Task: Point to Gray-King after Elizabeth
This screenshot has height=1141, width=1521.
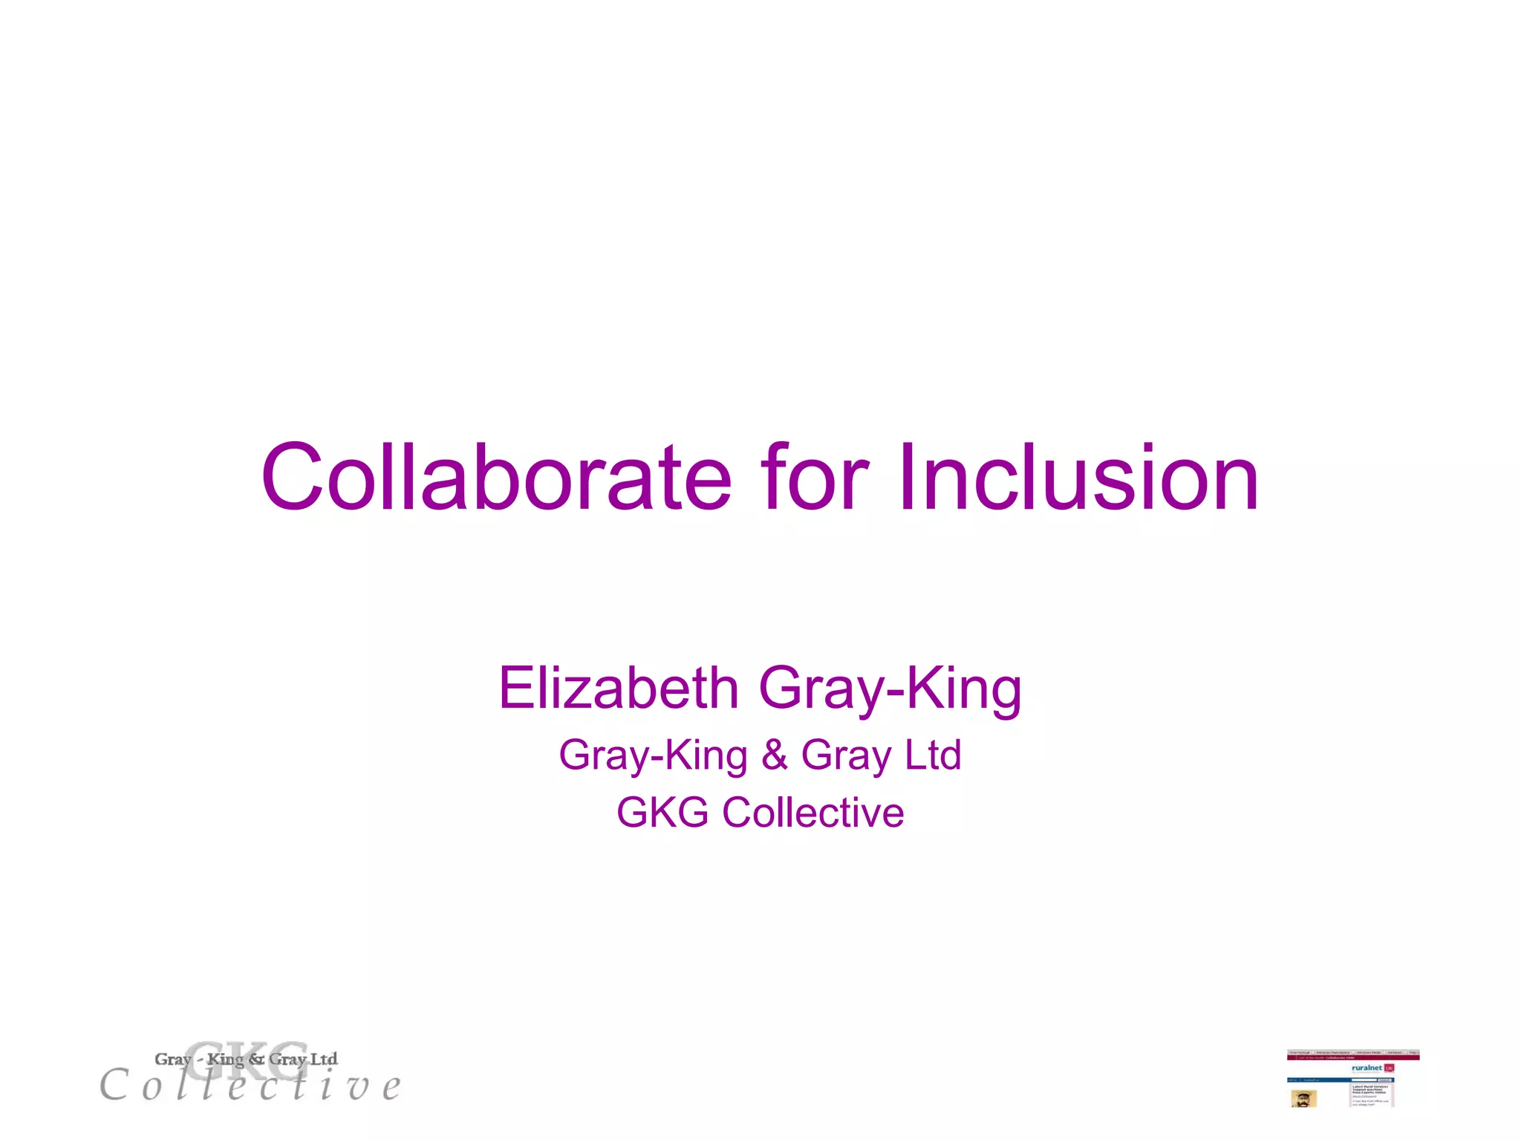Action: tap(890, 689)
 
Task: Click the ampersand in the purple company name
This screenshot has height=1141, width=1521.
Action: tap(774, 755)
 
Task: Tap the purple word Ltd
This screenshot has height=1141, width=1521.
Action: tap(933, 755)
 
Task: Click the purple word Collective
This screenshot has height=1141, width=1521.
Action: tap(812, 812)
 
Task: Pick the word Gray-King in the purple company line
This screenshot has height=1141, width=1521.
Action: tap(653, 756)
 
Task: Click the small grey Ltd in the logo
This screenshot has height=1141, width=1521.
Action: tap(324, 1059)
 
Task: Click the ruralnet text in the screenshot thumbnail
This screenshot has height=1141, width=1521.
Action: tap(1367, 1067)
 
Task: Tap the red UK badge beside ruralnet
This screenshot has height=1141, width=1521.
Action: tap(1389, 1068)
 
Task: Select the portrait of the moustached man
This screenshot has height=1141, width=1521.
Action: tap(1303, 1099)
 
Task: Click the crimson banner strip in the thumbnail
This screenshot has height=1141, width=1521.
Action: tap(1352, 1058)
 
